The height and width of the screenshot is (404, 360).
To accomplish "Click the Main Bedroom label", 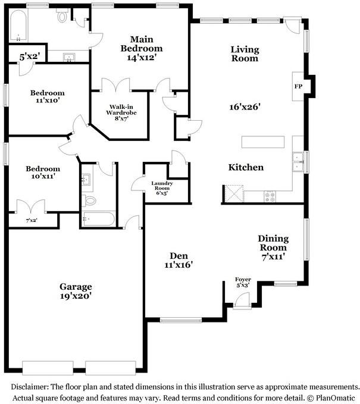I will (x=141, y=43).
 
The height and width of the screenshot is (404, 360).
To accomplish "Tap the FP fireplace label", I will (x=298, y=86).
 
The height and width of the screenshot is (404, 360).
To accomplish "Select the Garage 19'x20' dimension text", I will (x=75, y=295).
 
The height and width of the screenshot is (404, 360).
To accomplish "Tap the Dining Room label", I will (x=273, y=243).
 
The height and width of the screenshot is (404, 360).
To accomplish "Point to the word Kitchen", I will (x=246, y=168).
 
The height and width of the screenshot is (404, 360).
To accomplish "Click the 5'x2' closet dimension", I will (x=29, y=58).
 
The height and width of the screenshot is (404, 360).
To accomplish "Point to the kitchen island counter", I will (x=264, y=142).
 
